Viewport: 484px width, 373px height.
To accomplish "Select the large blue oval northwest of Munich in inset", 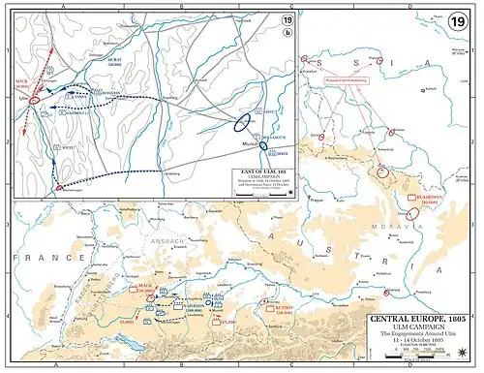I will click(x=246, y=123).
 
